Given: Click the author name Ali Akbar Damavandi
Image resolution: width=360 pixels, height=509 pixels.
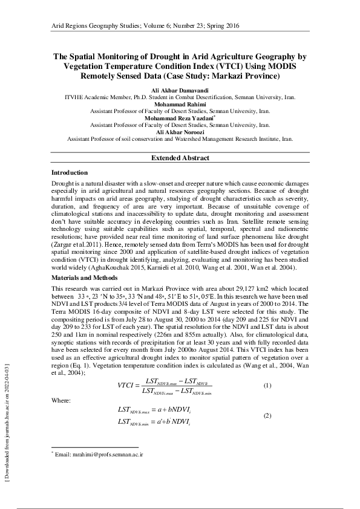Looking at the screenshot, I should point(180,90).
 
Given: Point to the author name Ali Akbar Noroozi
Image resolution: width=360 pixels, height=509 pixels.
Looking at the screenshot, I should point(180,132).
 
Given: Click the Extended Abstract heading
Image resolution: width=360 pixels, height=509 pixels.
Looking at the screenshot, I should point(180,158).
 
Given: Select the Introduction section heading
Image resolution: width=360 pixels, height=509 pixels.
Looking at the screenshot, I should point(70,173).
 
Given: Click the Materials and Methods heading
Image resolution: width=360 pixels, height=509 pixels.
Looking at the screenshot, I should point(85,277).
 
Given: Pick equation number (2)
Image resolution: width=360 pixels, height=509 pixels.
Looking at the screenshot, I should point(267,417).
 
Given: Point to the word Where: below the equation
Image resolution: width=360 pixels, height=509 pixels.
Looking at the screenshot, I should point(61,401).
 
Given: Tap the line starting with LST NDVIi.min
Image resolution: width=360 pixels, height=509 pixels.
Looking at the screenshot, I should point(155,422).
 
